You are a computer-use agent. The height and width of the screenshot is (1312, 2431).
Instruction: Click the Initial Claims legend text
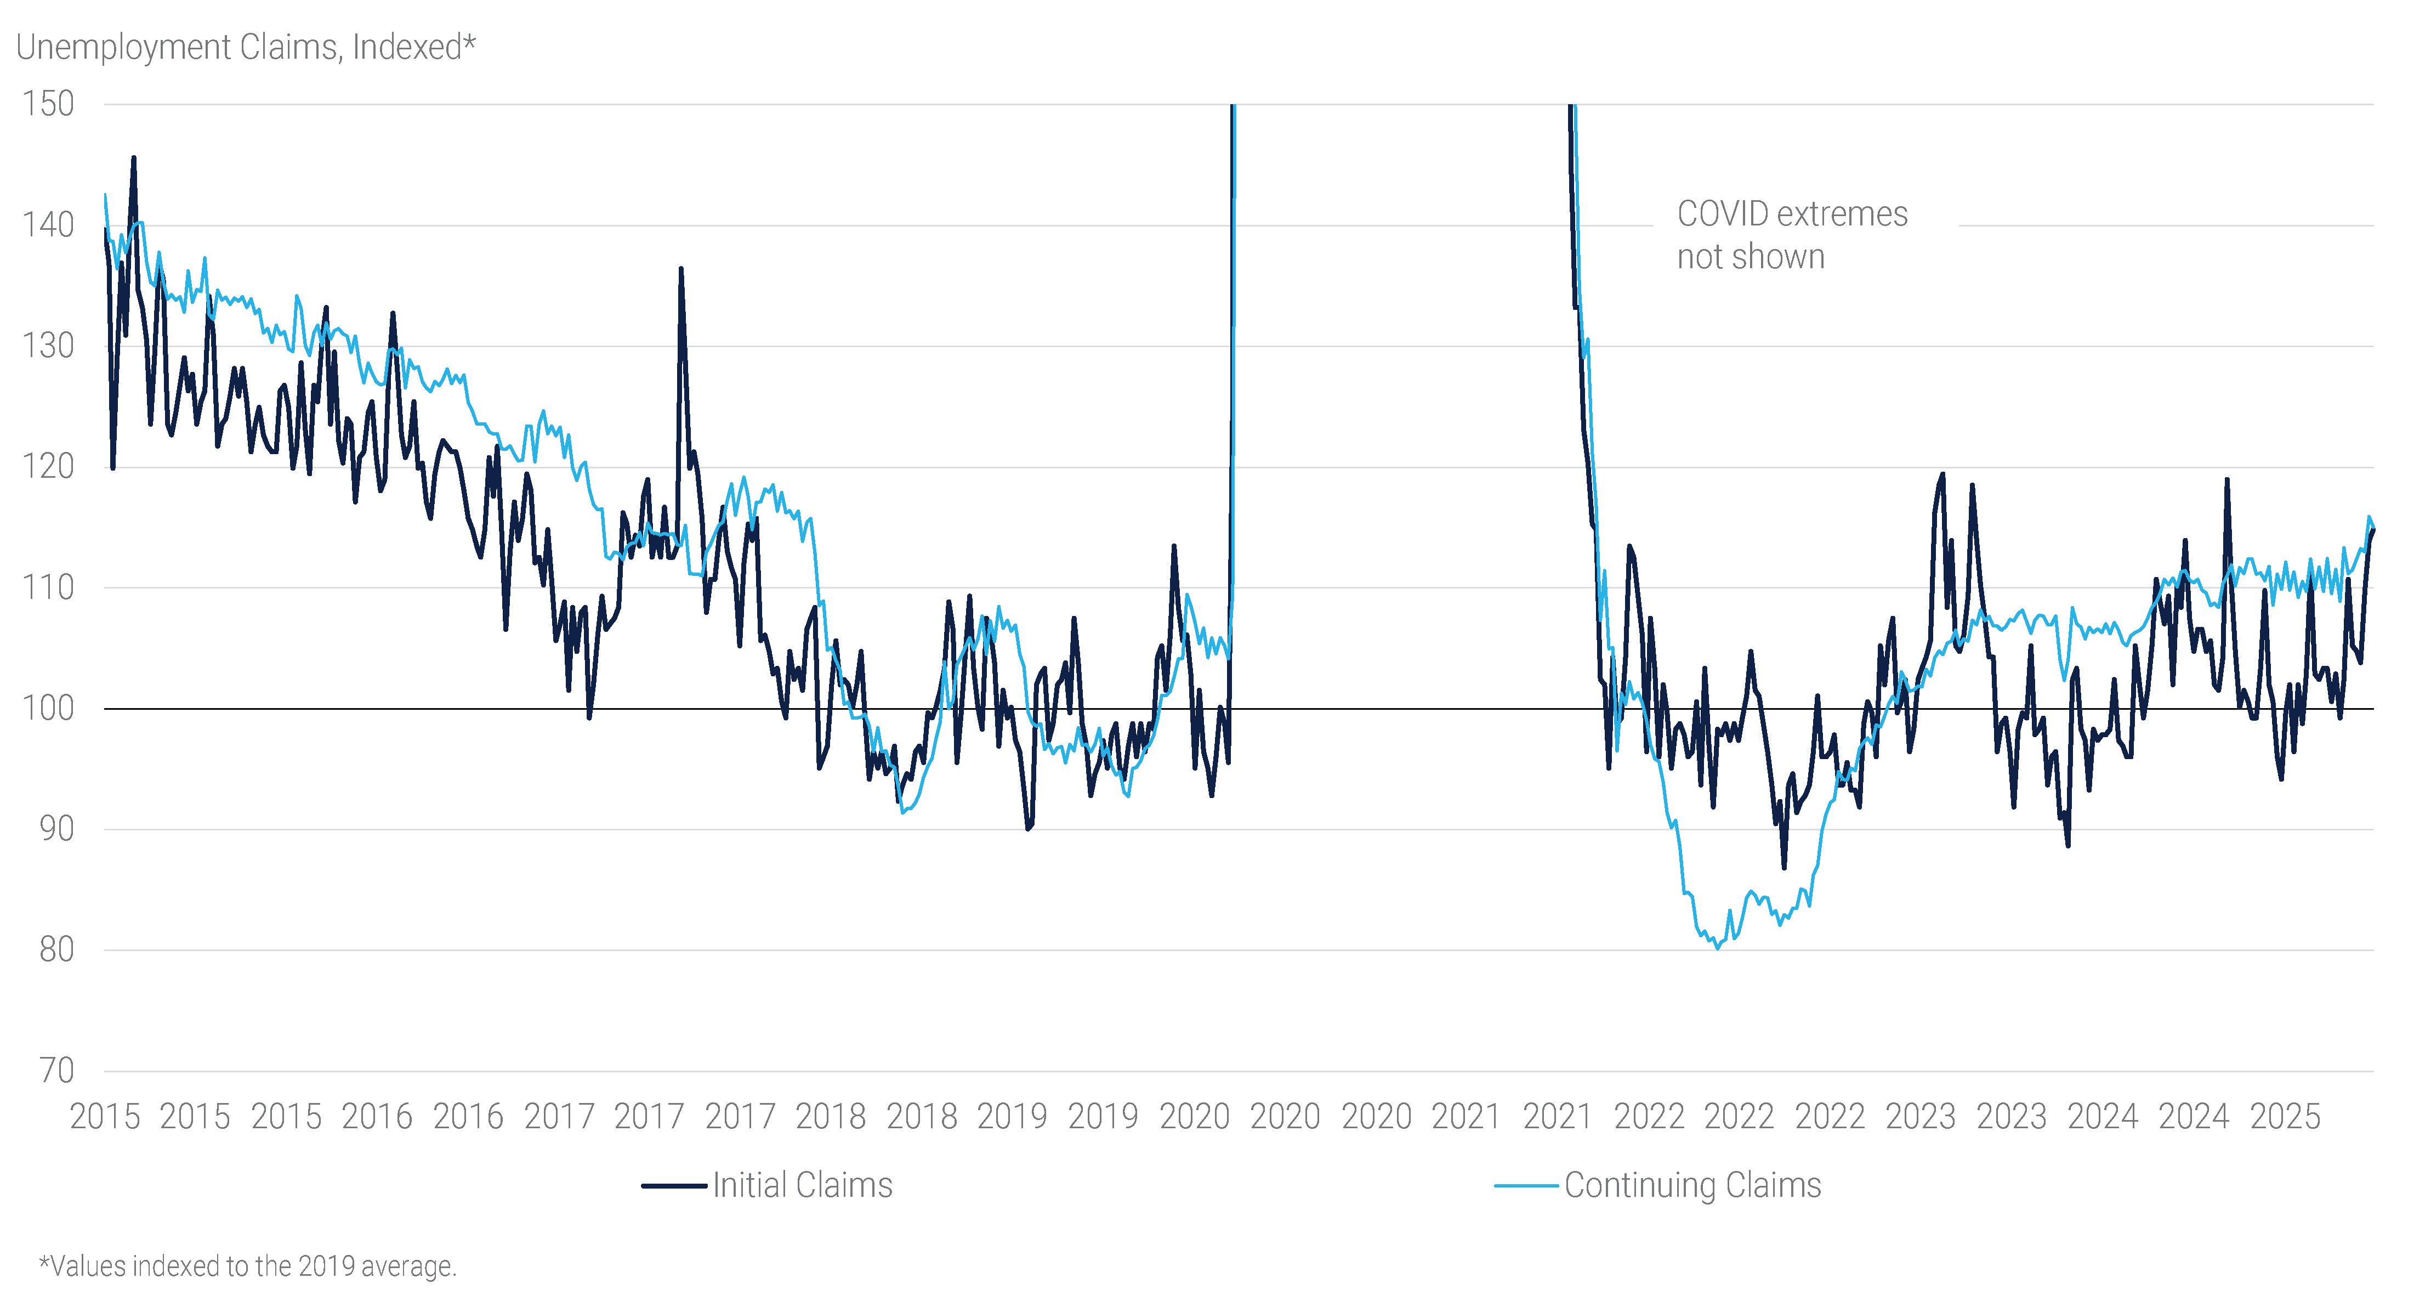(802, 1185)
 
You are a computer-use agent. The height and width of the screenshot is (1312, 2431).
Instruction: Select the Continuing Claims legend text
(1692, 1185)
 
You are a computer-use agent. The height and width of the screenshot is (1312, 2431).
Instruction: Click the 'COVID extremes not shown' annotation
(1791, 235)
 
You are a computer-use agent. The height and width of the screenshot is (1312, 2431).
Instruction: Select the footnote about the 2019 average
(247, 1266)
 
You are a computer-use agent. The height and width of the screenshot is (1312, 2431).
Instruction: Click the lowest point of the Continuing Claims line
(1718, 948)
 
